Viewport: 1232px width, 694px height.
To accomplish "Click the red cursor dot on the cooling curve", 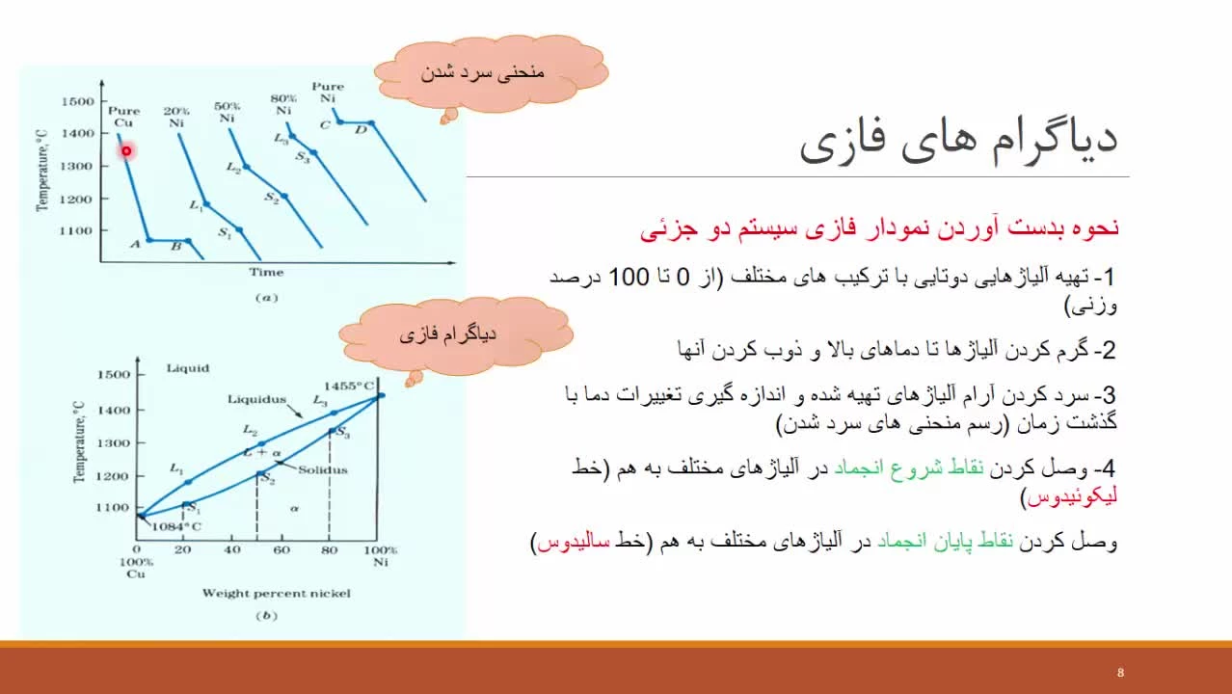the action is pos(126,150).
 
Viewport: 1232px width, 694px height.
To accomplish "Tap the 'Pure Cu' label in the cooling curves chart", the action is pos(123,117).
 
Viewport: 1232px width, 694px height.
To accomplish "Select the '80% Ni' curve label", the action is pos(283,104).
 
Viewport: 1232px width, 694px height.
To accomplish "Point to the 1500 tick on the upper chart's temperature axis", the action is pos(77,101).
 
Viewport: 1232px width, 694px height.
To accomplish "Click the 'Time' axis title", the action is pos(266,272).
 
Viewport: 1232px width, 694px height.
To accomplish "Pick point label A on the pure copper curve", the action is pos(135,244).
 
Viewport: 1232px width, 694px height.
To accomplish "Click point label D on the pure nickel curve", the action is pos(361,130).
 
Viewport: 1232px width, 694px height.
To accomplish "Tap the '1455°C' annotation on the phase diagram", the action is pos(349,387).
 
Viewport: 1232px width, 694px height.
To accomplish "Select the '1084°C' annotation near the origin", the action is pos(176,526).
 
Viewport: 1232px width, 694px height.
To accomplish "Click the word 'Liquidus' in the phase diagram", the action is pos(256,399).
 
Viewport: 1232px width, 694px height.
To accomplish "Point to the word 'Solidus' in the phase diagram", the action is pos(323,469).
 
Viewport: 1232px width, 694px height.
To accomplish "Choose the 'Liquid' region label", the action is pos(188,368).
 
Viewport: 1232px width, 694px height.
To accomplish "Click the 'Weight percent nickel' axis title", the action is pos(276,593).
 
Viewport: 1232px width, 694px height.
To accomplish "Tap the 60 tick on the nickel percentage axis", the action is pos(281,549).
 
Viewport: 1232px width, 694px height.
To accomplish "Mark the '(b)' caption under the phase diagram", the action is pos(267,615).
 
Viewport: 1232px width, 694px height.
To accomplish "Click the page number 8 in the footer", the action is pos(1120,673).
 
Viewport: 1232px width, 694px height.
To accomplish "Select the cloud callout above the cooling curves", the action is pos(491,73).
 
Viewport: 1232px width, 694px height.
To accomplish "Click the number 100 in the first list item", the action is pos(629,277).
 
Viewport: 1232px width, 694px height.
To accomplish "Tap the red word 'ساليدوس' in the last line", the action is pos(574,542).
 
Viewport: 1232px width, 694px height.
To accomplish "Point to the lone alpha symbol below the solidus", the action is pos(295,509).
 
